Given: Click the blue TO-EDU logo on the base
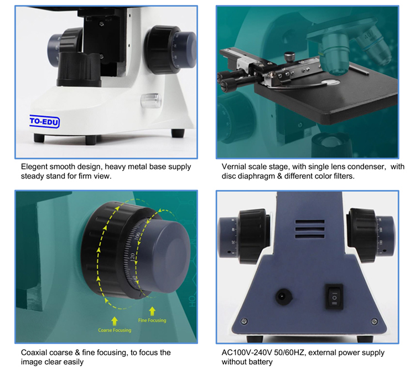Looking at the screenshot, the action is [44, 122].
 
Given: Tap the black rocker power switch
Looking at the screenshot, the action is [334, 297].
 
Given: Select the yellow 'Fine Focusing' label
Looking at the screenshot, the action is [152, 320].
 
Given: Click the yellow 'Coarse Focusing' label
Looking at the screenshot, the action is [115, 330].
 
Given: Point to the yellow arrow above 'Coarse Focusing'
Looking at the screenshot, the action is [115, 321].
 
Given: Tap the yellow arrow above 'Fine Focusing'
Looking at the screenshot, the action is [152, 311].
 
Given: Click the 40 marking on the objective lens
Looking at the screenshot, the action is [369, 35].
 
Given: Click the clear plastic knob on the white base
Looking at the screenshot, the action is [151, 100].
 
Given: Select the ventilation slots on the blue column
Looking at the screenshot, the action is [310, 229].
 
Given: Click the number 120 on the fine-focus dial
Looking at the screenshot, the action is [132, 258].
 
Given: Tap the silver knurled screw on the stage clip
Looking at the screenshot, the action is [289, 57].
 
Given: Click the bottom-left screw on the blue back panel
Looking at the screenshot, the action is [244, 321].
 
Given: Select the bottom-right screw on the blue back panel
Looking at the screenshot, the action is [374, 321].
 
